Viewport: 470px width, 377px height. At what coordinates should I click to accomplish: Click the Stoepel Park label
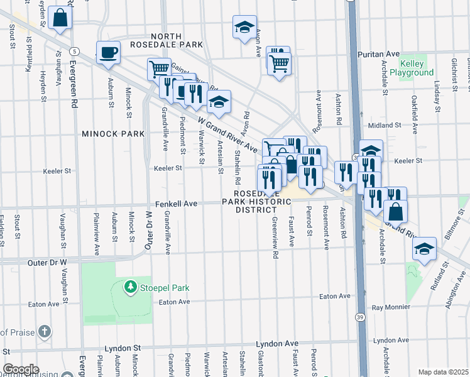[x=164, y=288]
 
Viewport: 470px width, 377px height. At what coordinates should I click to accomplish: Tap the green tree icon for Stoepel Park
[x=130, y=287]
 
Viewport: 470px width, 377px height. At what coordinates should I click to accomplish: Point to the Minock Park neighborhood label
[x=112, y=134]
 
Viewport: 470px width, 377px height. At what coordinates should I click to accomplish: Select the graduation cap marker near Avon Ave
[x=244, y=27]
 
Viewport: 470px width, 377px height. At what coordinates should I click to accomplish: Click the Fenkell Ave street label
[x=177, y=204]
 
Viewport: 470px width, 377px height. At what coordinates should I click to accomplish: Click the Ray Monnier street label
[x=390, y=308]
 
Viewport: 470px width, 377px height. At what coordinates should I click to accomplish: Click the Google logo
[x=20, y=369]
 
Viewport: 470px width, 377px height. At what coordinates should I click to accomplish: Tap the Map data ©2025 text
[x=443, y=372]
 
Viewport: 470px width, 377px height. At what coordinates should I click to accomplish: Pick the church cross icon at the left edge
[x=44, y=331]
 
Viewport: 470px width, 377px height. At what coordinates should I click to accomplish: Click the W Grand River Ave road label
[x=228, y=134]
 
